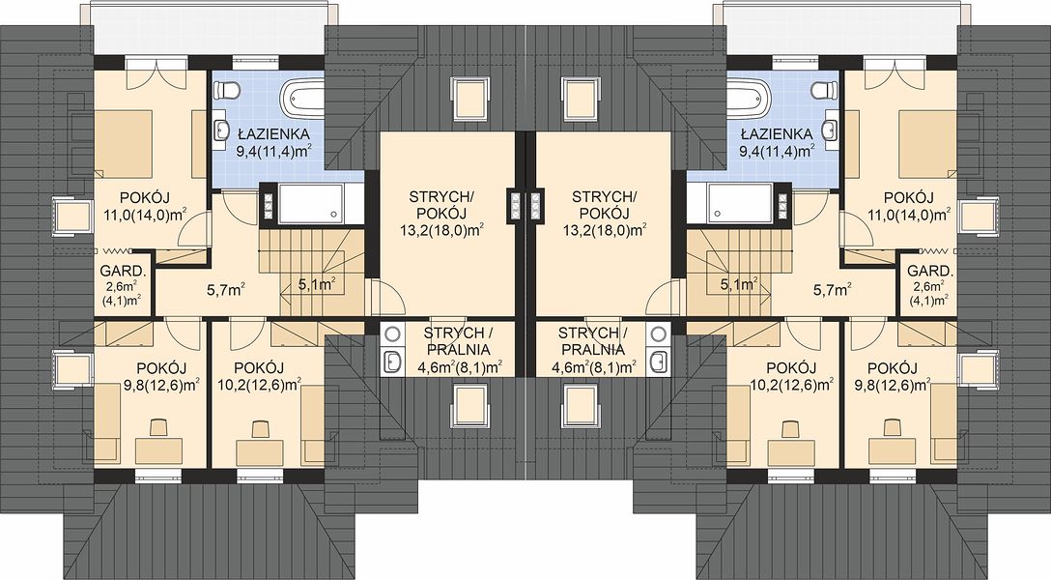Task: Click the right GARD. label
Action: tap(929, 272)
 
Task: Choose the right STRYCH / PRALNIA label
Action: tap(593, 341)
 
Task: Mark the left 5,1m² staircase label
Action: tap(317, 285)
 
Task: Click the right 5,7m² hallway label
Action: tap(832, 290)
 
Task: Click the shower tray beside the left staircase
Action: tap(310, 202)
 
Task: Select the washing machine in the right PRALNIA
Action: tap(659, 333)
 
